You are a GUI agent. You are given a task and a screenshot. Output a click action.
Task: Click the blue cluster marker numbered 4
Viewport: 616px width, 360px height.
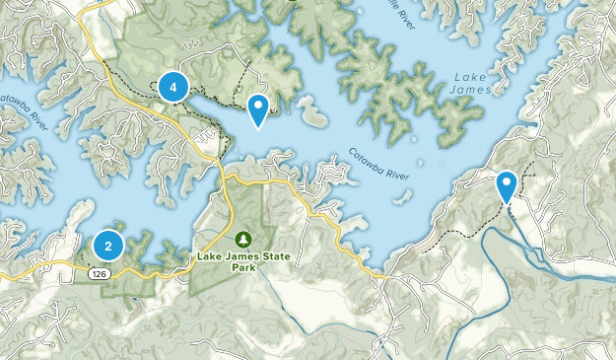click(173, 88)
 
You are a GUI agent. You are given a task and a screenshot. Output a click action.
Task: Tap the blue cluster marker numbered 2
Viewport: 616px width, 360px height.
click(108, 245)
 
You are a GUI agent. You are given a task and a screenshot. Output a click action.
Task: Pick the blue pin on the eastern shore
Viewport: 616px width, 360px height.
click(507, 185)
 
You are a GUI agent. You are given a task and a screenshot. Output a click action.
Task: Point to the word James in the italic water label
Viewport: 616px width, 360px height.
click(473, 90)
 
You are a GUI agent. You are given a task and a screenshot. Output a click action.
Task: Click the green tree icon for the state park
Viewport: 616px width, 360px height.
click(243, 239)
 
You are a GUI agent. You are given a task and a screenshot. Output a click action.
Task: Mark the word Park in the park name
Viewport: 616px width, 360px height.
click(243, 267)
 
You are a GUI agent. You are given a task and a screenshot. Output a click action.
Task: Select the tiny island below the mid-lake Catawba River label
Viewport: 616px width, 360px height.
click(403, 200)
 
